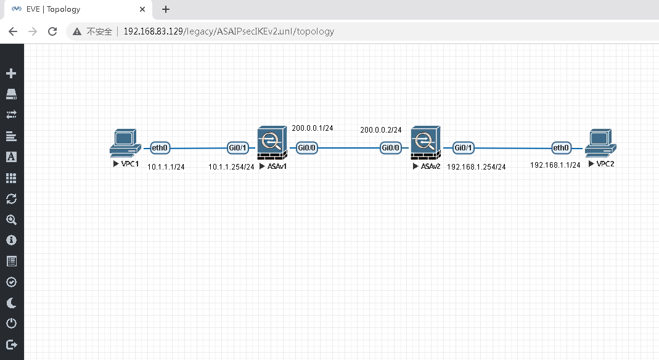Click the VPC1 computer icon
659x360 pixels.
[125, 144]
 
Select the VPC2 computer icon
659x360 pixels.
[601, 144]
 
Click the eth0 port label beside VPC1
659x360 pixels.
[160, 148]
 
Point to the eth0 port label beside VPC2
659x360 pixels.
[561, 148]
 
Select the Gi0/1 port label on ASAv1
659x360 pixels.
[238, 148]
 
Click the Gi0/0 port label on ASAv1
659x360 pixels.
[306, 148]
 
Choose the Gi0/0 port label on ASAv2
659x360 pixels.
[391, 148]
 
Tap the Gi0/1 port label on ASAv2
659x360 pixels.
[463, 148]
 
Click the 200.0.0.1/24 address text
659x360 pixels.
[313, 128]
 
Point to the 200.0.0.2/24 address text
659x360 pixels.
[381, 130]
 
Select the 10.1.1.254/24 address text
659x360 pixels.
[231, 167]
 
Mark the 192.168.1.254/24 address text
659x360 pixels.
[477, 167]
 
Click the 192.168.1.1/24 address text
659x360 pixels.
[555, 165]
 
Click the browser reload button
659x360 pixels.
[52, 31]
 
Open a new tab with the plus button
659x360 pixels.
[166, 9]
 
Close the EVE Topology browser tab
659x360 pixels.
[143, 10]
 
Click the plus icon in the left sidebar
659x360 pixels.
[11, 74]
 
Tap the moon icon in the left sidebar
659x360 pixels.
[11, 303]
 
